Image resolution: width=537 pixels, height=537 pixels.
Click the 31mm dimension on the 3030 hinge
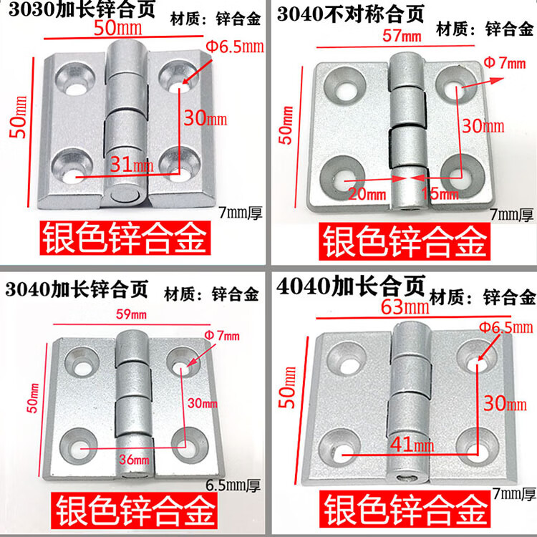coord(132,165)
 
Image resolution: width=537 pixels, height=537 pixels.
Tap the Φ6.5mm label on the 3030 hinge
coord(235,47)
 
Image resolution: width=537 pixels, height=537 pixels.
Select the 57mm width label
coord(402,36)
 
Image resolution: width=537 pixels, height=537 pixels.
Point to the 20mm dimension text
coord(367,194)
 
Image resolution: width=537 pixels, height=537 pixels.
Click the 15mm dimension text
coord(440,194)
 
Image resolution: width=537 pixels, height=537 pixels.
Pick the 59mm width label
coord(131,314)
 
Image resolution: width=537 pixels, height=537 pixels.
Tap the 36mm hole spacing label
coord(134,459)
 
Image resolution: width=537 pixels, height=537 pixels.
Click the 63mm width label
coord(405,307)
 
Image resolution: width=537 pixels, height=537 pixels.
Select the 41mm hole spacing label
coord(412,445)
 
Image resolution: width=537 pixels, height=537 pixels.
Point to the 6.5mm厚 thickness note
coord(233,485)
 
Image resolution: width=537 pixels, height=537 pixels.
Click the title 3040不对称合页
coord(350,14)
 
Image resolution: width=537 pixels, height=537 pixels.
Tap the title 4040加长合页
coord(350,286)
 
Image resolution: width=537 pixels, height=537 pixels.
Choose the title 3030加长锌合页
coord(82,9)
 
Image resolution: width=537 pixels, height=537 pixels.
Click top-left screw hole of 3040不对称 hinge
coord(344,84)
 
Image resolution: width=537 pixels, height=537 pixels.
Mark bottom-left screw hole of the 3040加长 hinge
coord(79,445)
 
